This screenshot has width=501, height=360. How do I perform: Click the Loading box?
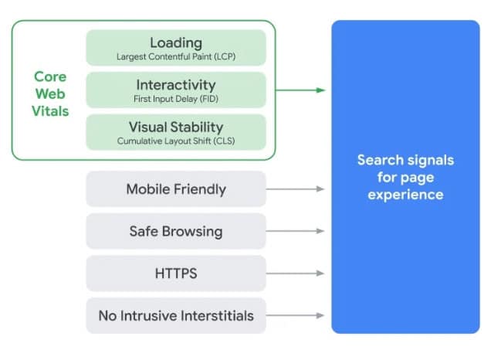pos(176,47)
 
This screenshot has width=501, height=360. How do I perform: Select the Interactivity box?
pos(176,90)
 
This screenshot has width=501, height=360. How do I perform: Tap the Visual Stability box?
pos(176,132)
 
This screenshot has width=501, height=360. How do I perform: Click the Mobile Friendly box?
pos(176,188)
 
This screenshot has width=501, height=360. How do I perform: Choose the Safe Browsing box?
pos(176,231)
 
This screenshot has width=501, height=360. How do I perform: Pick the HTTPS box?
pos(176,273)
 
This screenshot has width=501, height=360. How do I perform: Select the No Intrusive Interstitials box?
pos(176,315)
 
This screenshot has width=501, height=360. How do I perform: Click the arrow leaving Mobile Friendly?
pos(296,188)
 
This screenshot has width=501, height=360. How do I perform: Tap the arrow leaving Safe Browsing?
pos(296,231)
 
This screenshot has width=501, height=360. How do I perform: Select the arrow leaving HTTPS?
pos(296,273)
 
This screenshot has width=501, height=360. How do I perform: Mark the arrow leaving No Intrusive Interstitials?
pos(296,315)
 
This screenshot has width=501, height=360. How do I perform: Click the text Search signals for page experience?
pos(405,177)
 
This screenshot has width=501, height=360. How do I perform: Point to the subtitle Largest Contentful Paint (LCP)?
pos(176,56)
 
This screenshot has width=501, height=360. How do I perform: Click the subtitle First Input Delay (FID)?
pos(176,99)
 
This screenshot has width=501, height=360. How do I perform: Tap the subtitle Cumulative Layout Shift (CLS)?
pos(176,141)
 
